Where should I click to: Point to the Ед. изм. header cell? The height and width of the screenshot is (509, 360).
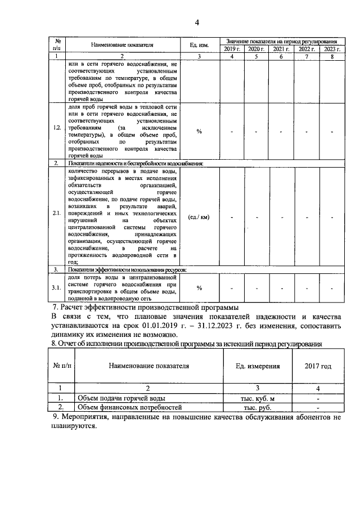click(199, 44)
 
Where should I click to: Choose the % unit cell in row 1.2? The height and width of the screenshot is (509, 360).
click(199, 132)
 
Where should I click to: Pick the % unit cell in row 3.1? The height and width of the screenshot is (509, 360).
click(199, 288)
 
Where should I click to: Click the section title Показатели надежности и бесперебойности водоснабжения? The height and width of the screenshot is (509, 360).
click(135, 163)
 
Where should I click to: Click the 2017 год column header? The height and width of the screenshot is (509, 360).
click(318, 366)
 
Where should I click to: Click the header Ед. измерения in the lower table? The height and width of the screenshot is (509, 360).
click(257, 366)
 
